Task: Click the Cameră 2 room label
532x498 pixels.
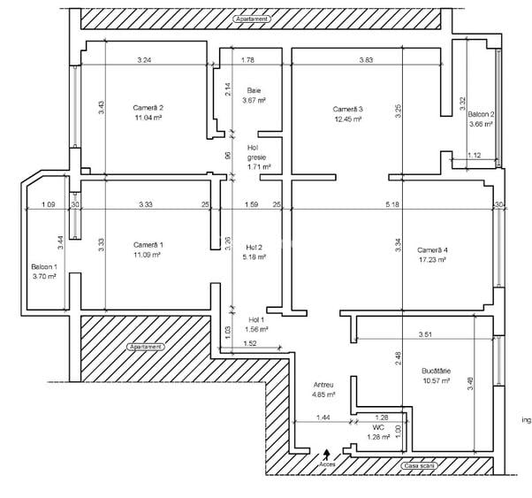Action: tap(148, 107)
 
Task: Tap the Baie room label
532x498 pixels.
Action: tap(254, 90)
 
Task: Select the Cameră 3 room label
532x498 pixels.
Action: tap(348, 109)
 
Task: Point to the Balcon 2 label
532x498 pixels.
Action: tap(481, 115)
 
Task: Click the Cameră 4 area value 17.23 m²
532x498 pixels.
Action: tap(431, 260)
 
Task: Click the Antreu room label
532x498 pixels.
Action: tap(323, 385)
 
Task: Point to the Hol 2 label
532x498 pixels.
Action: tap(255, 247)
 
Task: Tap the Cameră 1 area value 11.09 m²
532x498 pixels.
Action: tap(148, 255)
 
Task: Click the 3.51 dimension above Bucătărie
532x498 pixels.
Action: tap(425, 334)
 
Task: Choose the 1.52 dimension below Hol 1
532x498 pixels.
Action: tap(249, 344)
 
